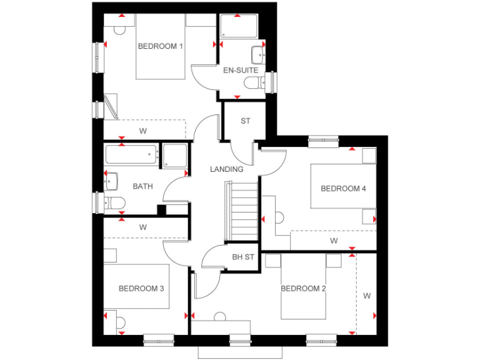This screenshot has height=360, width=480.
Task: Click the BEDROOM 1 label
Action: tap(161, 46)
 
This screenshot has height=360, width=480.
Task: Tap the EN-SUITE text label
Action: tap(241, 71)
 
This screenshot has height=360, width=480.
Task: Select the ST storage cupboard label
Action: tap(246, 121)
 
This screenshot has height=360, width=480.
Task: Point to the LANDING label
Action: tap(226, 169)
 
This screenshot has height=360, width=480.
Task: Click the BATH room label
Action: tap(143, 186)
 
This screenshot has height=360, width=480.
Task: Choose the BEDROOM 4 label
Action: tap(343, 189)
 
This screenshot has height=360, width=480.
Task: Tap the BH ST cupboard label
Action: tap(243, 257)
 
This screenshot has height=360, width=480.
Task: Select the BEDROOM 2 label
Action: tap(303, 289)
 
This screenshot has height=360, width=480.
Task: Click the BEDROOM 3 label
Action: tap(141, 289)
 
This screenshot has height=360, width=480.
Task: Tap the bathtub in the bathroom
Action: tap(131, 155)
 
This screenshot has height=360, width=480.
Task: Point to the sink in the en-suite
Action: tap(258, 52)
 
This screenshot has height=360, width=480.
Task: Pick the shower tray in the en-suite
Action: tap(238, 26)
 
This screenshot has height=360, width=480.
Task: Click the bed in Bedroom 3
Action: tap(137, 286)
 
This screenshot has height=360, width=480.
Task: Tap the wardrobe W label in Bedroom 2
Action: tap(367, 296)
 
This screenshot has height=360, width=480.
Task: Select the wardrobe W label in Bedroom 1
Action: tap(143, 131)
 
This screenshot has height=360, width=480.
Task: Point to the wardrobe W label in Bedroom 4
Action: tap(334, 241)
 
